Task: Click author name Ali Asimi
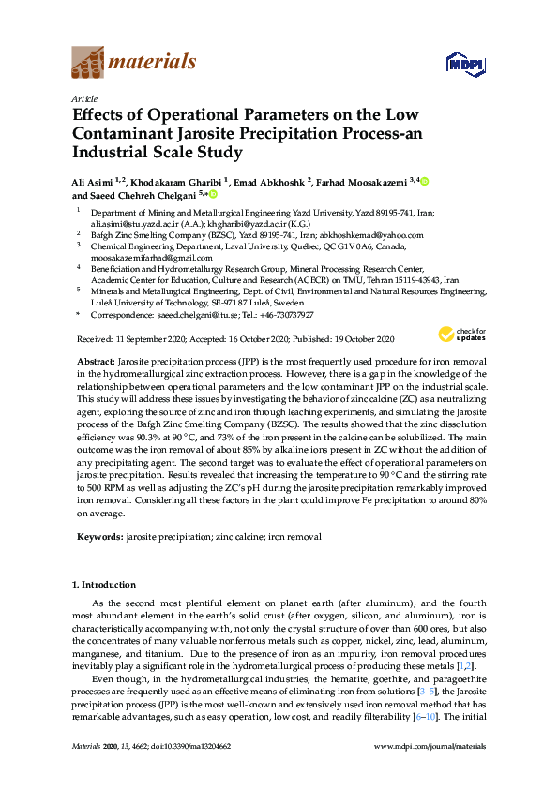coord(96,181)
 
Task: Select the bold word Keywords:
coord(98,537)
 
